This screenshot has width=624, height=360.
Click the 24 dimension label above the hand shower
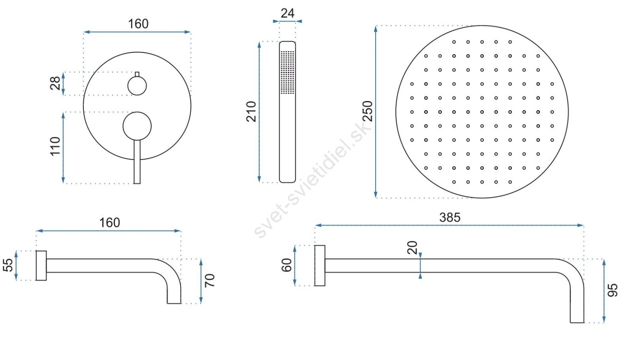[x=288, y=13]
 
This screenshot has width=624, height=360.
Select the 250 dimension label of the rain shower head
[x=368, y=111]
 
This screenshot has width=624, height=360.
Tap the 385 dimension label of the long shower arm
[x=450, y=217]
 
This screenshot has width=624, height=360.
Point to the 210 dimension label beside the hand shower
[x=251, y=111]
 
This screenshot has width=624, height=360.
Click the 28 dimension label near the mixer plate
[x=55, y=83]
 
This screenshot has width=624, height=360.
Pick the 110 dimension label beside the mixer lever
[x=55, y=146]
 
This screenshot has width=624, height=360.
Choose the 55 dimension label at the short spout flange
[x=8, y=265]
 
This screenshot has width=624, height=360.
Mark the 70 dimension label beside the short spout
[x=210, y=280]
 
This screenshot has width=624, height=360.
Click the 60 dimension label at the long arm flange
[x=286, y=265]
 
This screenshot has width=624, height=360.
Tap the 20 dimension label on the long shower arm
[x=412, y=247]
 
